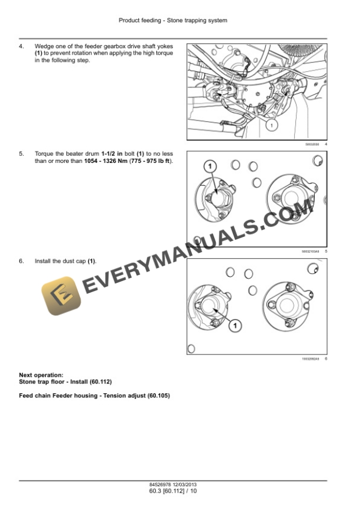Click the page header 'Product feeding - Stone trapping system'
[173, 20]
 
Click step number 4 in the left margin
[21, 45]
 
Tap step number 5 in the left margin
[21, 153]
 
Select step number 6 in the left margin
[21, 260]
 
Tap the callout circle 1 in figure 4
[271, 125]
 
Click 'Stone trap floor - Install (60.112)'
[65, 382]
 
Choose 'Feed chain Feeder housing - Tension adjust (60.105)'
[94, 396]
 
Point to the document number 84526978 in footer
[161, 484]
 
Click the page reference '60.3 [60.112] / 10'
[173, 490]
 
